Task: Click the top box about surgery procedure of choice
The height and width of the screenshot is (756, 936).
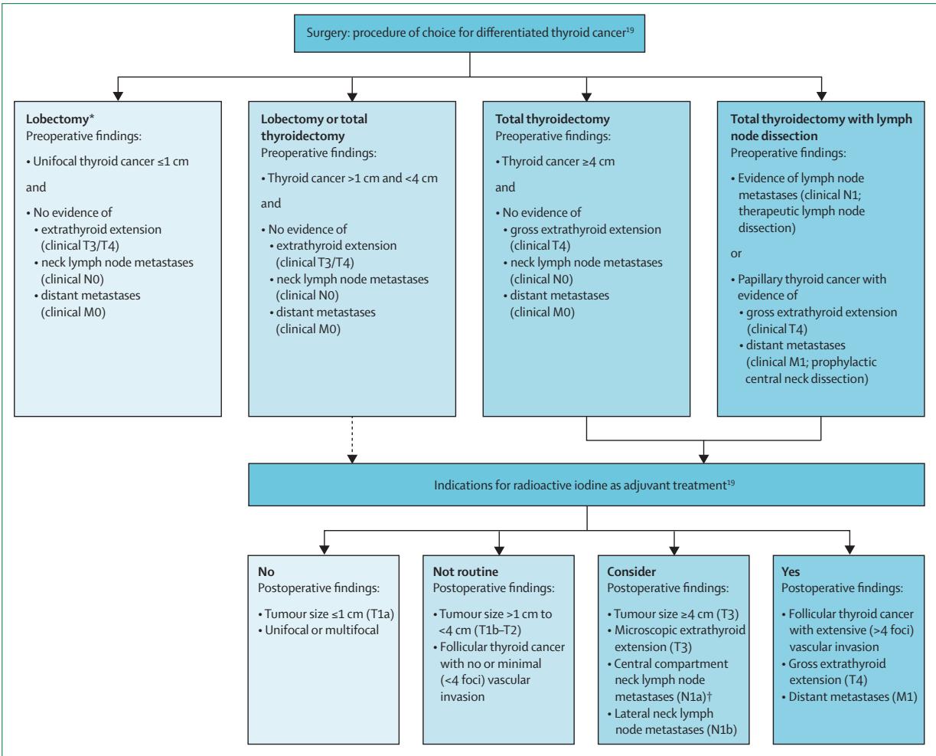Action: (x=469, y=34)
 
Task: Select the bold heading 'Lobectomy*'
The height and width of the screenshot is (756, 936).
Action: (x=60, y=119)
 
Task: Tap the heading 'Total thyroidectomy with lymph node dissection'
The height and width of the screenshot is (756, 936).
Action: (x=821, y=127)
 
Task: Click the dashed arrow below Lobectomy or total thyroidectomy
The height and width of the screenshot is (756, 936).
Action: (x=352, y=440)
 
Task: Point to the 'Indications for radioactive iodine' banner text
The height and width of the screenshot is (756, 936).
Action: (x=584, y=485)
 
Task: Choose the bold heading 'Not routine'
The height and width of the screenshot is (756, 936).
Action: (x=465, y=571)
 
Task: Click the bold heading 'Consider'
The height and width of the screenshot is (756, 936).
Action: (x=631, y=571)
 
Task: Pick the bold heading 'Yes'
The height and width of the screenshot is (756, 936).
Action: (x=790, y=571)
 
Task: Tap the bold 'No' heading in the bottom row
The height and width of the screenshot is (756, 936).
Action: (x=266, y=571)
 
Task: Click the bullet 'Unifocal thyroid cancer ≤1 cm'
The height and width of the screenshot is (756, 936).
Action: (x=107, y=162)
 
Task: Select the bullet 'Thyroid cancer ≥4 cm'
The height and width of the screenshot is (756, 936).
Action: (x=555, y=162)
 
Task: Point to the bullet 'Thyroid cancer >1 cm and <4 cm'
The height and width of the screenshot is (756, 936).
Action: (x=349, y=178)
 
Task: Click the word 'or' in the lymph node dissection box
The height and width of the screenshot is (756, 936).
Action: (x=736, y=254)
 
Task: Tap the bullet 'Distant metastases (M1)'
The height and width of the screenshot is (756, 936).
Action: (x=849, y=696)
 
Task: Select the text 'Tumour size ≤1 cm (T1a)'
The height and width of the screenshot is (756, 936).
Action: (x=326, y=614)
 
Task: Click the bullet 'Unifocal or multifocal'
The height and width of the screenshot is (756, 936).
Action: (x=318, y=630)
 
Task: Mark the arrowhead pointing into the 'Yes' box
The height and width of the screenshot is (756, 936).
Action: (x=850, y=550)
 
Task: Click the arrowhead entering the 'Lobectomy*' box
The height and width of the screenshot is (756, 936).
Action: (x=118, y=97)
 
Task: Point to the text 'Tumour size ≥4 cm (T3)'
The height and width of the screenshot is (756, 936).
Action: (x=673, y=614)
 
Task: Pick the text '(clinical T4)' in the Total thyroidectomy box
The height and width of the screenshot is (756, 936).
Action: (x=540, y=245)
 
